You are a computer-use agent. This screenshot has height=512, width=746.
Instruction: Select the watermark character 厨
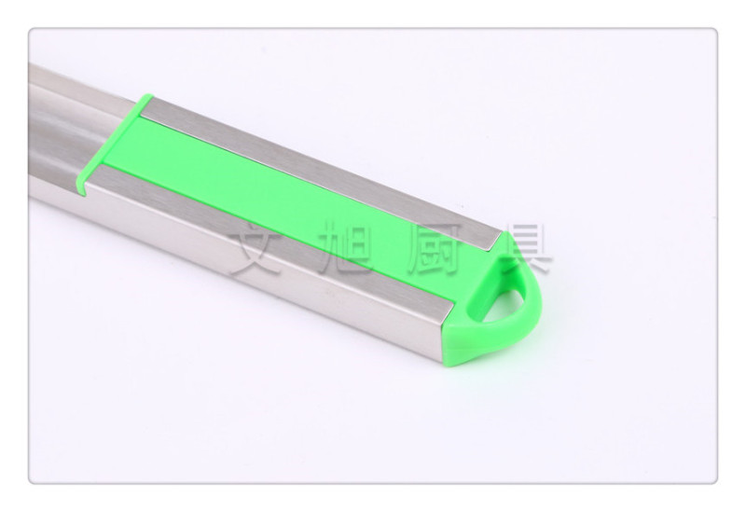[x=437, y=247]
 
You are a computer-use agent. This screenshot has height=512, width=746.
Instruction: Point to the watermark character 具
[x=528, y=247]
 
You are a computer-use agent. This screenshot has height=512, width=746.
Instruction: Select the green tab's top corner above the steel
[x=148, y=95]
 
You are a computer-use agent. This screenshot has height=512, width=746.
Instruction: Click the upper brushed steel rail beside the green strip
[x=324, y=172]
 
